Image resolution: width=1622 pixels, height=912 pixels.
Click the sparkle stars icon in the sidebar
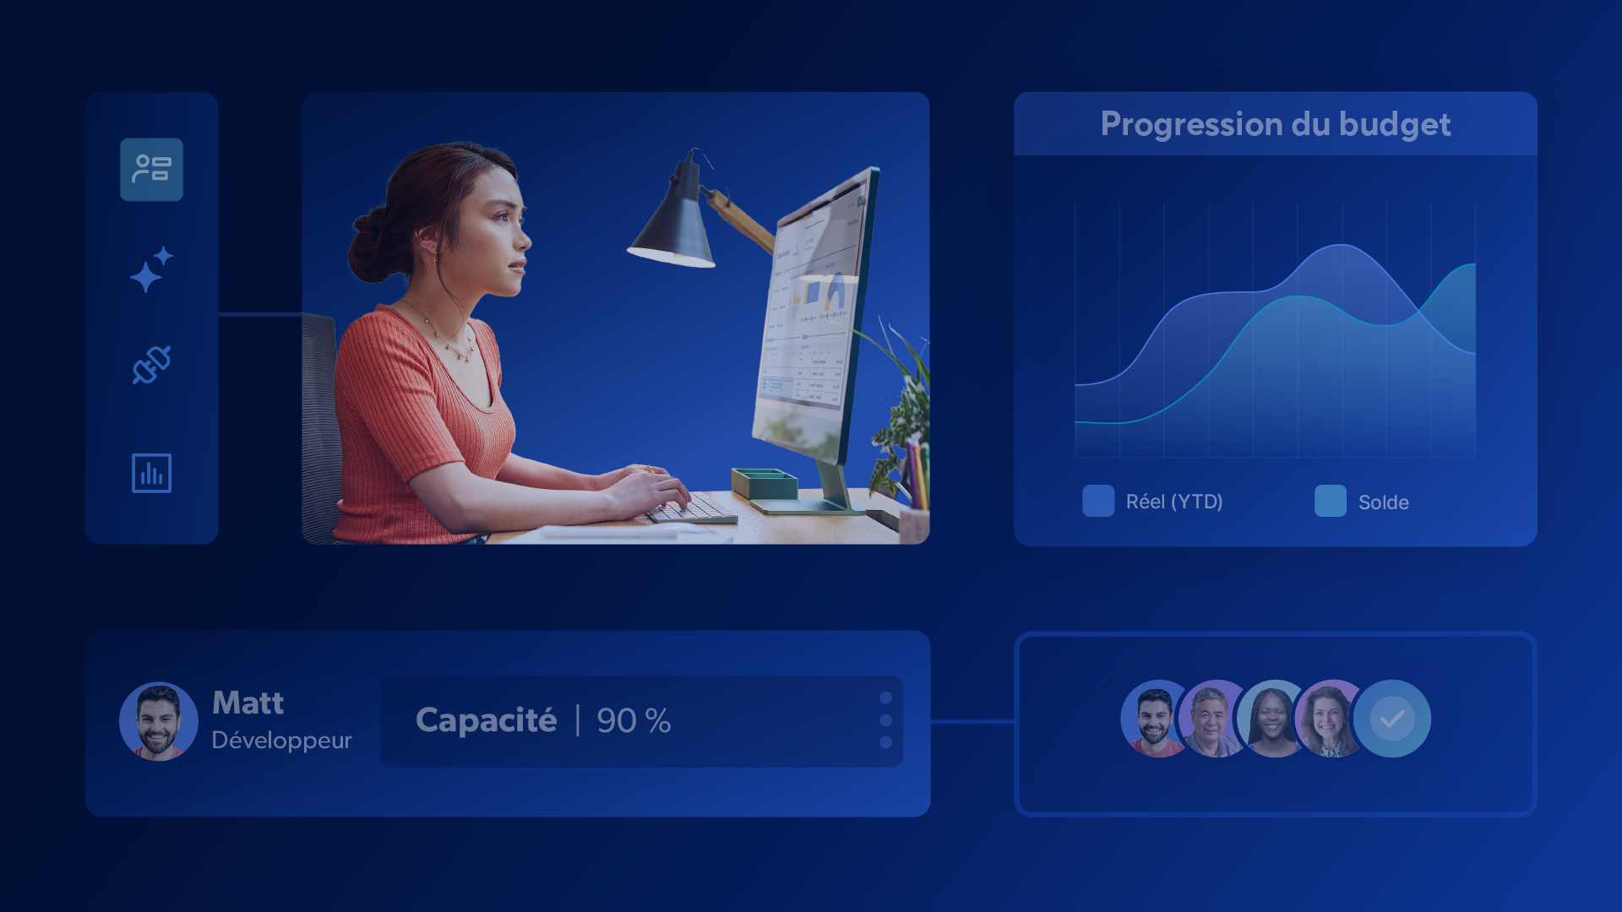151,269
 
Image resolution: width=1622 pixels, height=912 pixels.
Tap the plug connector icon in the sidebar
152,365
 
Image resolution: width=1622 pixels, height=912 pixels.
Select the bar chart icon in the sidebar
152,473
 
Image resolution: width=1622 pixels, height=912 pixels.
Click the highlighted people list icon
152,170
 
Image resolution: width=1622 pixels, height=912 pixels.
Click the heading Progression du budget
1276,125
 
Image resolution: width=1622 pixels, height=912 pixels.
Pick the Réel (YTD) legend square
1098,501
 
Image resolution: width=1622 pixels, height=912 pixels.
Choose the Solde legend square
1331,501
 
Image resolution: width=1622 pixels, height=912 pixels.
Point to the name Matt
248,703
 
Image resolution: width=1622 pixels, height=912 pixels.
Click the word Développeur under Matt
281,741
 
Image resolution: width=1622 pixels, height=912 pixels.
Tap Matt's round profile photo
159,721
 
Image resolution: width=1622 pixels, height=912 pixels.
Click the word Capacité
486,720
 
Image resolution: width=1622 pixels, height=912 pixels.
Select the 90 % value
634,721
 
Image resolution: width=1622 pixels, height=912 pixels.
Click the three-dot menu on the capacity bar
885,720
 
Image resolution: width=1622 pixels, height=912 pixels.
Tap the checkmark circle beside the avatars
1391,719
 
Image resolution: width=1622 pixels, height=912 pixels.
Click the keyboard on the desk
691,509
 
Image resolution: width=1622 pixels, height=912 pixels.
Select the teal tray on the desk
765,483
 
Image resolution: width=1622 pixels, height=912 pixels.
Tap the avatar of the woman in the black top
1275,719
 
